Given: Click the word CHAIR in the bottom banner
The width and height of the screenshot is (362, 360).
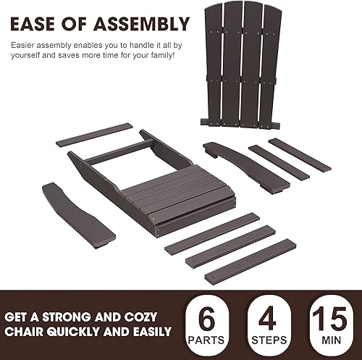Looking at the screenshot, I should [33, 332].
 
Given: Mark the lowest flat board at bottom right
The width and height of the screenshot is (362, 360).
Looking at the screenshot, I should [251, 261].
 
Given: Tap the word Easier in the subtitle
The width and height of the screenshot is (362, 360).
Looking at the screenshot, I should [24, 45].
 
